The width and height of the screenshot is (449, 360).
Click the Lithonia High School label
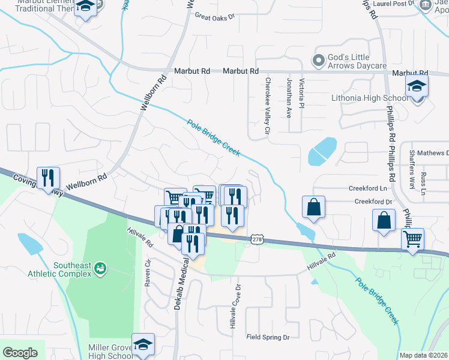pos(369,98)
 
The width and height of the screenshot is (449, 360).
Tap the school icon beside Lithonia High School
pos(417,86)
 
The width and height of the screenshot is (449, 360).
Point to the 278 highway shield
pos(257,239)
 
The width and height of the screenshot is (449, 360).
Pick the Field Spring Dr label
pos(268,337)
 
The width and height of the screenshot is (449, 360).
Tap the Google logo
pos(20,352)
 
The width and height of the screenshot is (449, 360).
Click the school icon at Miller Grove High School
pos(143,344)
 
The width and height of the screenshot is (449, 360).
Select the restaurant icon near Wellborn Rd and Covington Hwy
pos(48,178)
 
